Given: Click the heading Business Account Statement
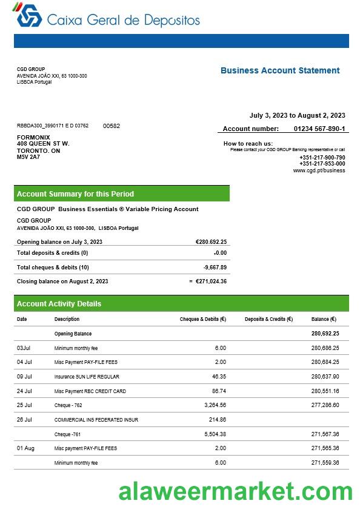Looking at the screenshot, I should point(280,70).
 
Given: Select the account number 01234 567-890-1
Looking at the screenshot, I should point(319,129).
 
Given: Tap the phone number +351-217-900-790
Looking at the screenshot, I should point(322,158).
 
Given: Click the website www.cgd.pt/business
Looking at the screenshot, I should point(319,170).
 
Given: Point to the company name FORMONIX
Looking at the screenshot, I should point(33,137).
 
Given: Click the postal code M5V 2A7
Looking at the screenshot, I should point(28,157).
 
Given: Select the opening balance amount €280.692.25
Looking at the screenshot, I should point(211,241).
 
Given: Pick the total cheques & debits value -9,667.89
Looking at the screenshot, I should point(215,267).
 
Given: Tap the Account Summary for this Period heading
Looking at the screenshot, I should point(75,194).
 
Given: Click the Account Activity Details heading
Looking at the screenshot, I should point(59,303).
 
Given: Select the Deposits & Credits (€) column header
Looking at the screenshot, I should point(268,319).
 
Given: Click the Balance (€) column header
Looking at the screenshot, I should point(324,319).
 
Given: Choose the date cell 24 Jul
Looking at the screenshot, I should point(24,391).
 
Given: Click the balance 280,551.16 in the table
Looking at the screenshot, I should point(325,391).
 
